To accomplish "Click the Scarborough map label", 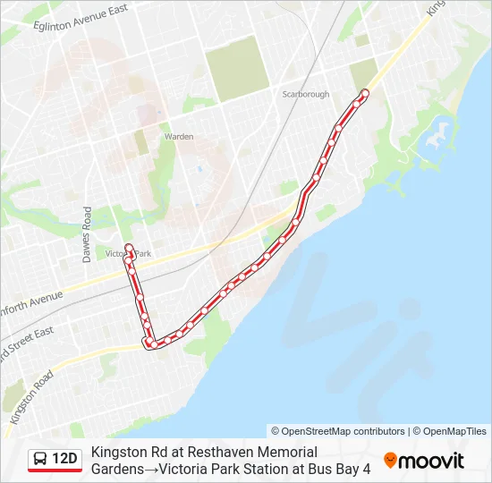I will click(306, 94).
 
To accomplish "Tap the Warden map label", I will click(179, 137).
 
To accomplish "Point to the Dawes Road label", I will click(87, 235).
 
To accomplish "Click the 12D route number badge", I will click(65, 460).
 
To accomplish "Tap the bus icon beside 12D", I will click(41, 460).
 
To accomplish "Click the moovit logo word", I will click(432, 461).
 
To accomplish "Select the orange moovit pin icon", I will click(390, 461).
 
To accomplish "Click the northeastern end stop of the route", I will click(364, 94).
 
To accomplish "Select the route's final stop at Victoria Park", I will click(128, 248).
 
